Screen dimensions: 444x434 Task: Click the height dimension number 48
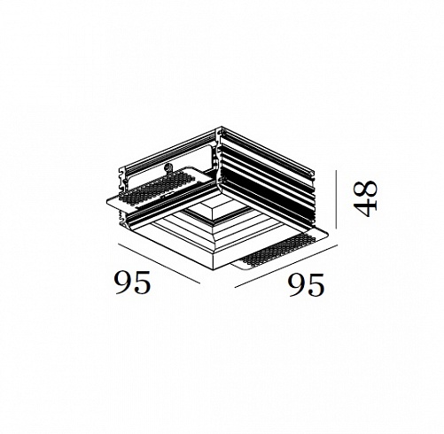pos(366,198)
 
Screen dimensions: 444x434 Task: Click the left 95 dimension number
pos(133,283)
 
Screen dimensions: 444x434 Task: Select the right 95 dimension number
pos(307,284)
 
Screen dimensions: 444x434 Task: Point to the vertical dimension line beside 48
pos(336,199)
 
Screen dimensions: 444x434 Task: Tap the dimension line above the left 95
pos(159,263)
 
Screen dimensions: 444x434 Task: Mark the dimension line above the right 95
pos(286,266)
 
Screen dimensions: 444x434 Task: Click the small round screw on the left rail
pos(168,167)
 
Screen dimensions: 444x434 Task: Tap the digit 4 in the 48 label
pos(366,208)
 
